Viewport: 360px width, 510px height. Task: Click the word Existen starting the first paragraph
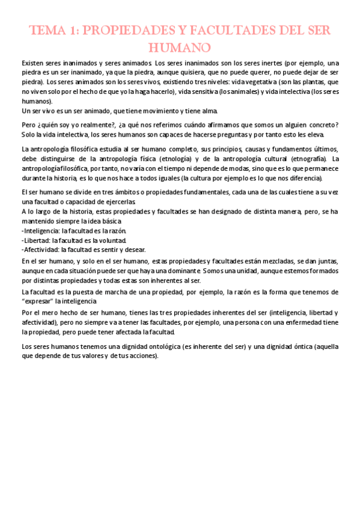point(34,63)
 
